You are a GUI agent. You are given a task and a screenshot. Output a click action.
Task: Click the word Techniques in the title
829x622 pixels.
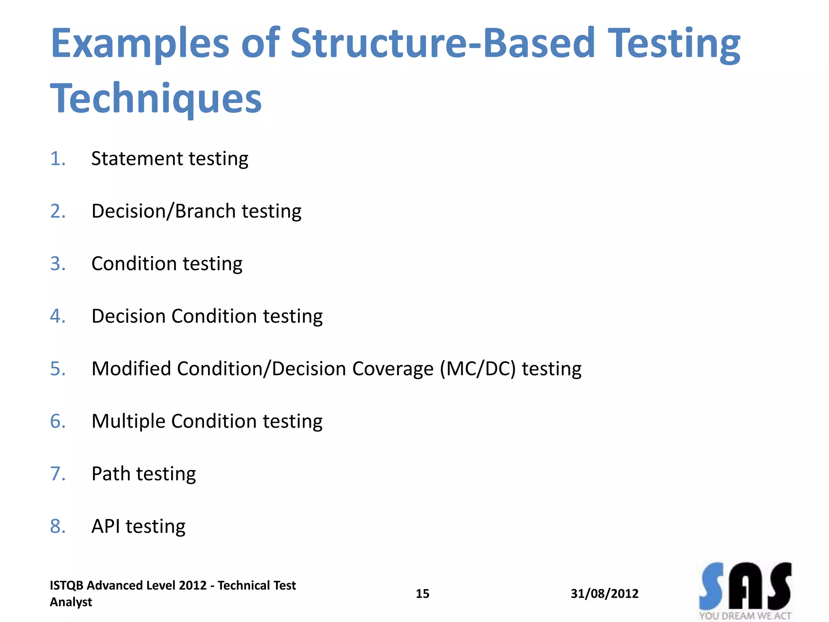tap(156, 98)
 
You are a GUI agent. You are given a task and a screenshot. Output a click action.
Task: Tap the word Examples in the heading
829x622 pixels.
tap(140, 44)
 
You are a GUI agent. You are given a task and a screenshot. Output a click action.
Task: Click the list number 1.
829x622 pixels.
tap(57, 159)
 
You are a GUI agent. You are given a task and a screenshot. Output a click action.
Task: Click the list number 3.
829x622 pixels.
tap(57, 264)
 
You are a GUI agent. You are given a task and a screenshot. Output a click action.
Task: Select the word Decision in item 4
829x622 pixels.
tap(128, 316)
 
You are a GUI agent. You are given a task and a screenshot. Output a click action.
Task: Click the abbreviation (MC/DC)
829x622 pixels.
tap(478, 369)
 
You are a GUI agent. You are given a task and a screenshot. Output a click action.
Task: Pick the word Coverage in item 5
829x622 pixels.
tap(392, 369)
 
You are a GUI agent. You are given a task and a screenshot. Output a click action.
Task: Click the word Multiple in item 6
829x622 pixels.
tap(128, 422)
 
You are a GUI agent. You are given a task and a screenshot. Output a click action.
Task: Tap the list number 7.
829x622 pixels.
tap(57, 474)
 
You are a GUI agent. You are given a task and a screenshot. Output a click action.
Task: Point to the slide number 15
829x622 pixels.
tap(422, 594)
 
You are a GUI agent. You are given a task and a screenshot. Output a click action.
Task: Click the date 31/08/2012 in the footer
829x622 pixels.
tap(604, 594)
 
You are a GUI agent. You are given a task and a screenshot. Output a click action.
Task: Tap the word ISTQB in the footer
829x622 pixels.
tap(66, 586)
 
